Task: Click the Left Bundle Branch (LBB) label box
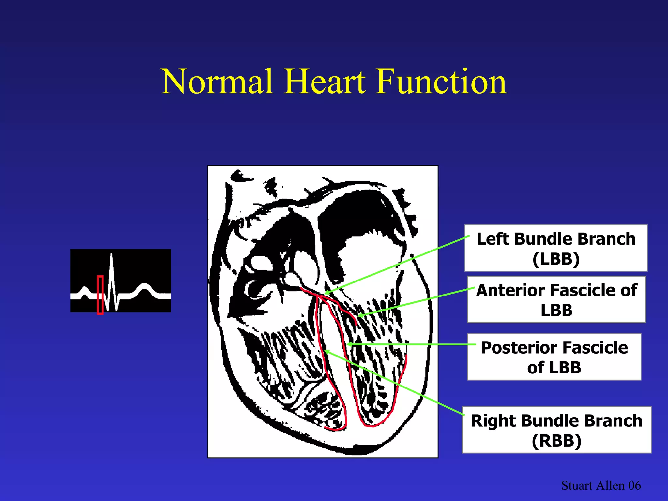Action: coord(556,248)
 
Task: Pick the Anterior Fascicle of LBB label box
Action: coord(556,299)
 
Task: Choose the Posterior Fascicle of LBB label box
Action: coord(554,357)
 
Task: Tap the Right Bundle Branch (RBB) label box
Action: coord(556,430)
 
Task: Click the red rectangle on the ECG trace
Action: coord(100,295)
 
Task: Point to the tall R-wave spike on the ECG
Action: coord(112,267)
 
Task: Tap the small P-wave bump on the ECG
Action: coord(84,290)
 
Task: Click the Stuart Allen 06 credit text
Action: coord(601,485)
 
